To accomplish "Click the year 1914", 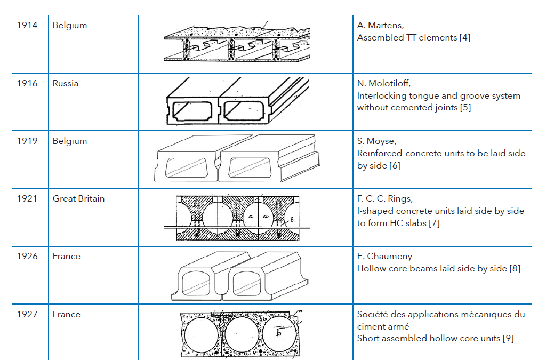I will point(27,26).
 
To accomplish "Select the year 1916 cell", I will point(27,83).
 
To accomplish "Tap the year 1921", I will point(27,198).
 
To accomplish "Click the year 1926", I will point(27,256).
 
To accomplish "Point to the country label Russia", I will point(65,83).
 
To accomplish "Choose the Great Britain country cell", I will point(78,198).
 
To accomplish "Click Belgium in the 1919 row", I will point(69,141).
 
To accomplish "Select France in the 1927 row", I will point(66,314).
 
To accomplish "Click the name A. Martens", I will point(380,26).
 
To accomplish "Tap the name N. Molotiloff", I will point(383,83).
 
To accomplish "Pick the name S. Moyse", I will point(375,141).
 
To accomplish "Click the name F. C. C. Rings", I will point(384,198).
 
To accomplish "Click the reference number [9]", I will point(508,338).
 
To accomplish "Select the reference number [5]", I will point(465,108).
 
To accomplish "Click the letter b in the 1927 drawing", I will point(278,333).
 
